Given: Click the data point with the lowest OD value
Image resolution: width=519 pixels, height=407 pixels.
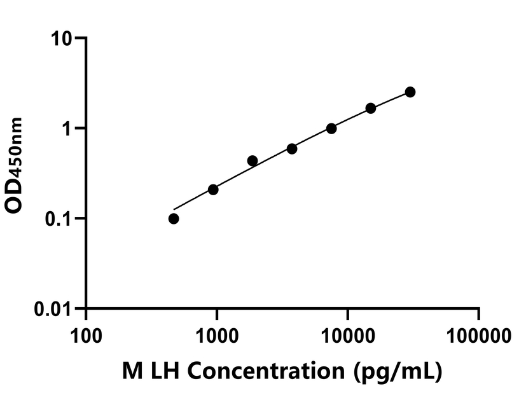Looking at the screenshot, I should (x=174, y=219).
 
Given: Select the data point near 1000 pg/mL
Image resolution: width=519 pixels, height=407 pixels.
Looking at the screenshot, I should (x=213, y=190).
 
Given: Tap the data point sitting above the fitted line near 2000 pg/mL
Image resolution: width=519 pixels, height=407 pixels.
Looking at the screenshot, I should (x=253, y=161).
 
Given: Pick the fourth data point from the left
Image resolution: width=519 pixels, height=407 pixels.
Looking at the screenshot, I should (x=292, y=149).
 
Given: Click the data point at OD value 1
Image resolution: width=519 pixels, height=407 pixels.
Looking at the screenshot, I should (x=331, y=128).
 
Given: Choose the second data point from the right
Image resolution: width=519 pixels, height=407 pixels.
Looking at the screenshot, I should (x=371, y=108).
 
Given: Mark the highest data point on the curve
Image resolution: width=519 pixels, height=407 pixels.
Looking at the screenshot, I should (x=410, y=92).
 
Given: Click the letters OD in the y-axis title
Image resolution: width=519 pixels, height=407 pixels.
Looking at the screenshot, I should (x=17, y=195).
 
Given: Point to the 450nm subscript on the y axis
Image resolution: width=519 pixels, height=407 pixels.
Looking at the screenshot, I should (x=18, y=151).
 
